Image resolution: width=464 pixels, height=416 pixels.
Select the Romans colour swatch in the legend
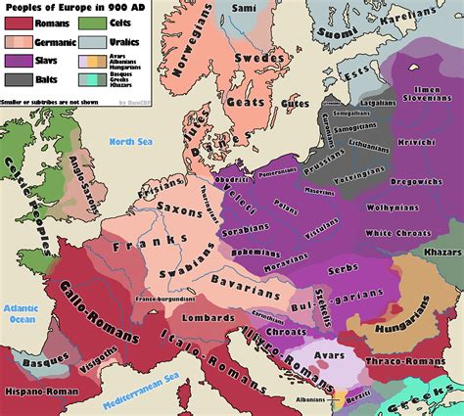coord(17,24)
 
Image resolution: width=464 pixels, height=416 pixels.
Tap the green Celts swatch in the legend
coord(95,24)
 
